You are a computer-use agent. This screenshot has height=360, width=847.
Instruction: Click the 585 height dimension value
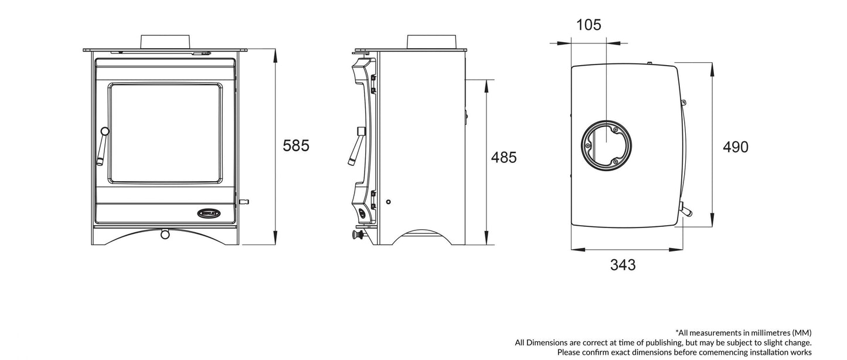295,145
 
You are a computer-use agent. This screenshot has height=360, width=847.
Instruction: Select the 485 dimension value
504,157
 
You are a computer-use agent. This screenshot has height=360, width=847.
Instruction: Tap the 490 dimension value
735,147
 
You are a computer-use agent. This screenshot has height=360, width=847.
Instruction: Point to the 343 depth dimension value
623,265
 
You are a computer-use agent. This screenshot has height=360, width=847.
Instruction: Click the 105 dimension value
589,25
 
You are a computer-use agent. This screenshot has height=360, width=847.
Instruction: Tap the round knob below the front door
165,235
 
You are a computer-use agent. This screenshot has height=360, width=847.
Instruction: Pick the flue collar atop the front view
165,42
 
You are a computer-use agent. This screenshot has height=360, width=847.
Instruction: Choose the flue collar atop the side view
432,42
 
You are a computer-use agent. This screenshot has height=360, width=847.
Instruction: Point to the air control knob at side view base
355,236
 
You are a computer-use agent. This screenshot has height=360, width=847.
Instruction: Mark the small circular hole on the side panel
387,202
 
